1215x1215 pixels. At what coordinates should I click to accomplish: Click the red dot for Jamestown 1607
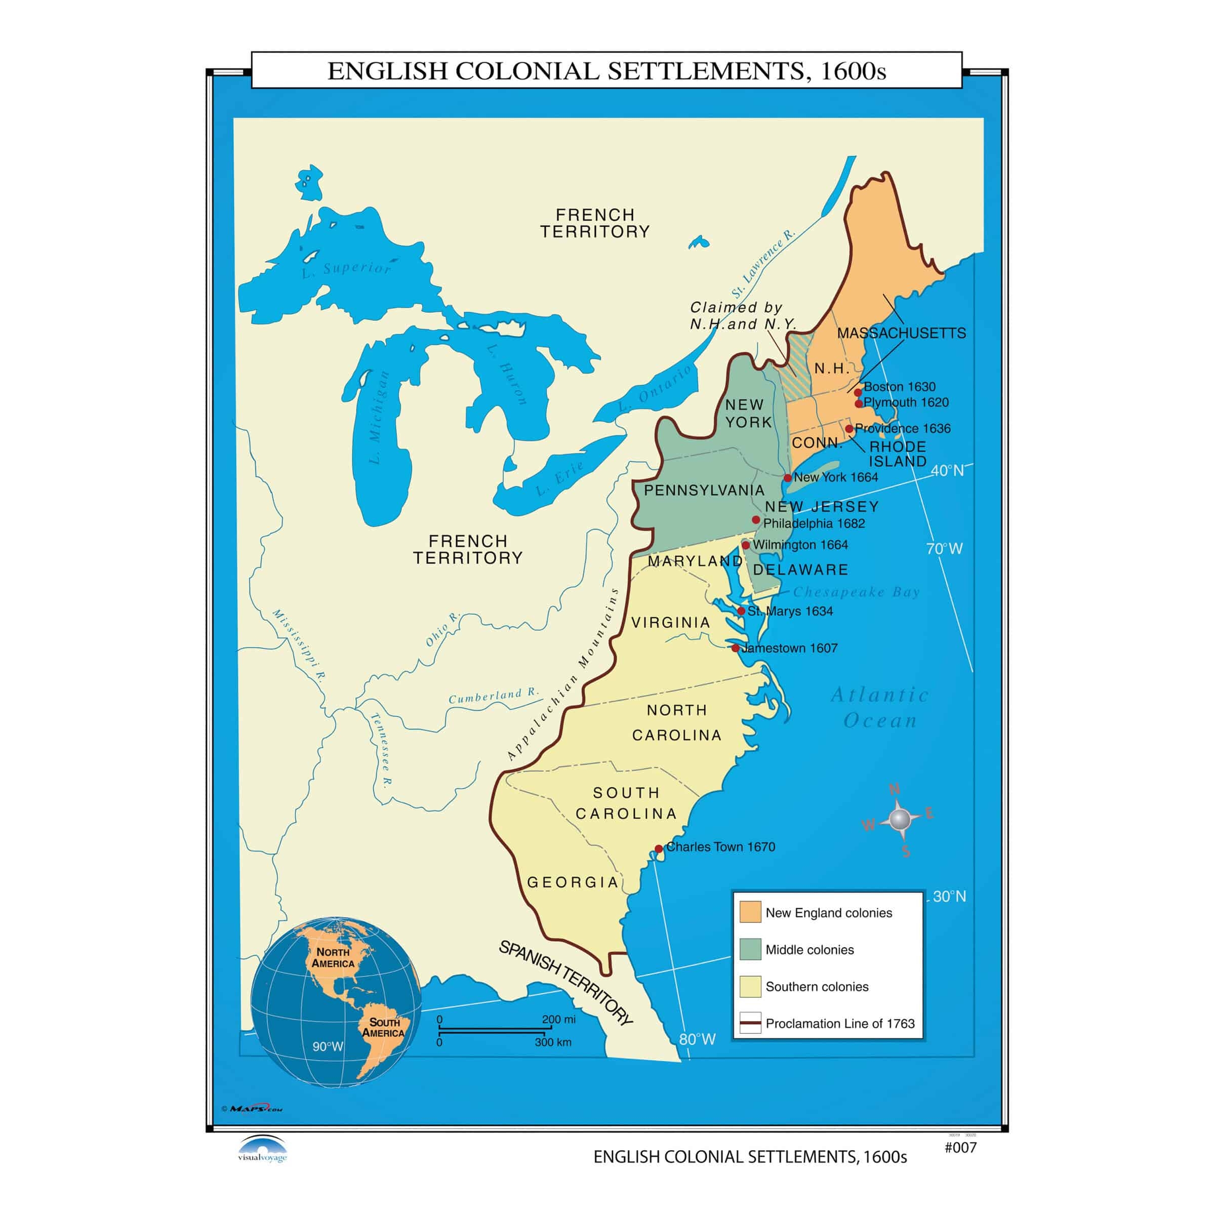(x=736, y=648)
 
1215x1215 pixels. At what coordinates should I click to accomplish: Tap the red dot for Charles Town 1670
(x=659, y=848)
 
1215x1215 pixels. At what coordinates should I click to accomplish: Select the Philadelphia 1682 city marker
(x=756, y=519)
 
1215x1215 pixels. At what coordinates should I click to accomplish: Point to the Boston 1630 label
(x=899, y=387)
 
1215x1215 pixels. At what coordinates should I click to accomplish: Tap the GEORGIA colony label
(x=573, y=882)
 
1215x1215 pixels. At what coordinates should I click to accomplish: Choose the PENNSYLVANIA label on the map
(x=704, y=490)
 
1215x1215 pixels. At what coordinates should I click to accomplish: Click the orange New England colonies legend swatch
(x=750, y=912)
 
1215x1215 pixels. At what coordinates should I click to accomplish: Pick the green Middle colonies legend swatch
(x=750, y=949)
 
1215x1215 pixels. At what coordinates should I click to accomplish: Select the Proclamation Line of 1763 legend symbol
(x=750, y=1023)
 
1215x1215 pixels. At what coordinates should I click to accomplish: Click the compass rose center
(x=900, y=820)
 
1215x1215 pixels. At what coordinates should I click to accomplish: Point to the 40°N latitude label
(x=947, y=470)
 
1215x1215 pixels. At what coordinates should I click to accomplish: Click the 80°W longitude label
(x=697, y=1039)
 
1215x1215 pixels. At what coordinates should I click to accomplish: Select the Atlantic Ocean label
(x=880, y=708)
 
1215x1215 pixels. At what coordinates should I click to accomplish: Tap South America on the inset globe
(x=383, y=1028)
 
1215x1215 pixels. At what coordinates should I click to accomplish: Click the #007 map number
(x=960, y=1148)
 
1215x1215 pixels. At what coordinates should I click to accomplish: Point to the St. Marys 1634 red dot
(x=742, y=611)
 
